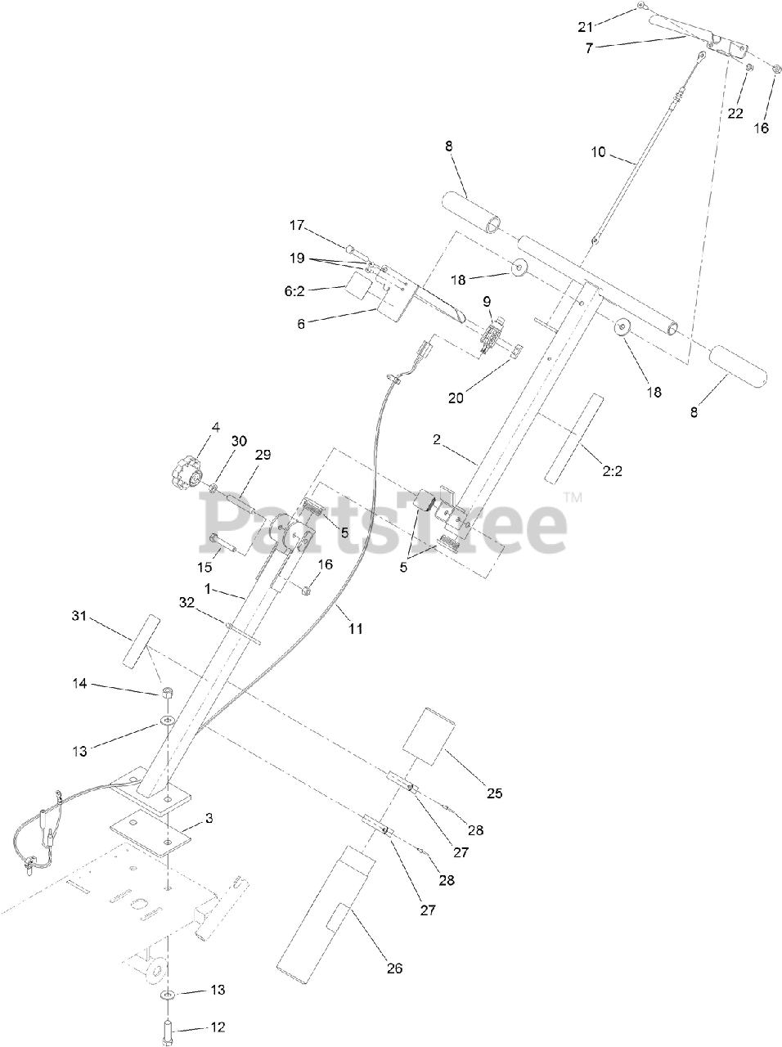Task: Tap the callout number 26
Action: pyautogui.click(x=394, y=969)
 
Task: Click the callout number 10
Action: pyautogui.click(x=600, y=152)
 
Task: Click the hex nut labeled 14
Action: pyautogui.click(x=166, y=694)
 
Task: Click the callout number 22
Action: pyautogui.click(x=735, y=113)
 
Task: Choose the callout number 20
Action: pyautogui.click(x=455, y=398)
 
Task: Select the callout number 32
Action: pyautogui.click(x=187, y=602)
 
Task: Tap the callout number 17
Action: pyautogui.click(x=295, y=224)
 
